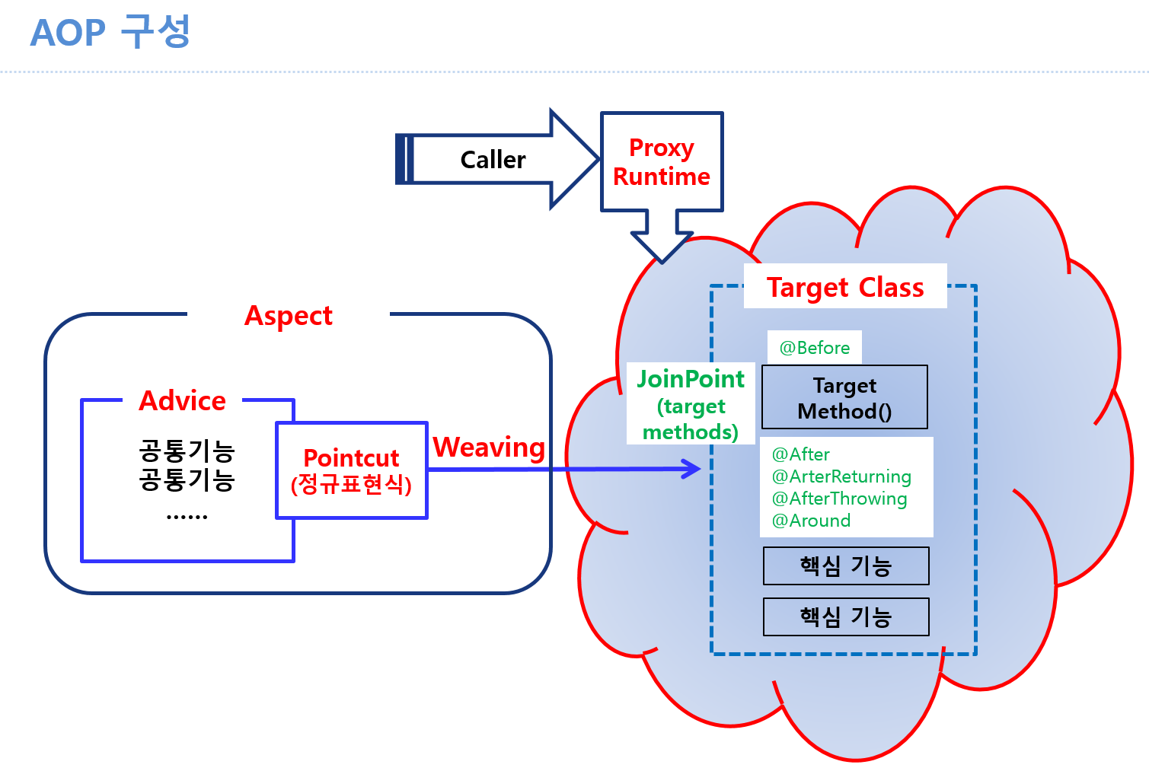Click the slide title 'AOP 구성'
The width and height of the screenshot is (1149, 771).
point(110,32)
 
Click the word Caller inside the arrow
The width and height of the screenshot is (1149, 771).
point(493,160)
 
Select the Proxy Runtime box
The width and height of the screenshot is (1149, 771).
point(661,162)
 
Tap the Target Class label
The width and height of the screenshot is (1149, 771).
point(844,287)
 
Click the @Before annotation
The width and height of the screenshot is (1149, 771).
point(814,348)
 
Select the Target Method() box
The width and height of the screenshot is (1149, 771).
point(844,397)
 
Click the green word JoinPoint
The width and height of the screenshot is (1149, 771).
point(691,379)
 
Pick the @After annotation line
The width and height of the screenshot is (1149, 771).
point(800,454)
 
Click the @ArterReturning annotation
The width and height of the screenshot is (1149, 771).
point(841,476)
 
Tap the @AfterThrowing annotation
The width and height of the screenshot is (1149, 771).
point(839,499)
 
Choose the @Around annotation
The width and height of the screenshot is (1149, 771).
point(811,521)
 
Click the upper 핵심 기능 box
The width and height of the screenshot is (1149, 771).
point(845,566)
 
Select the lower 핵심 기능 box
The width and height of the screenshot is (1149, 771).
point(845,616)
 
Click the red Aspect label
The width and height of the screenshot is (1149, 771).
point(288,315)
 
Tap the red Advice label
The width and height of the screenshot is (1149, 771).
point(183,400)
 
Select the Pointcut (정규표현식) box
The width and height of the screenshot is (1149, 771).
point(351,470)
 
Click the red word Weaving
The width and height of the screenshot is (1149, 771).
point(489,448)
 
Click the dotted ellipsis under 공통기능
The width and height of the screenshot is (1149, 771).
point(187,516)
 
